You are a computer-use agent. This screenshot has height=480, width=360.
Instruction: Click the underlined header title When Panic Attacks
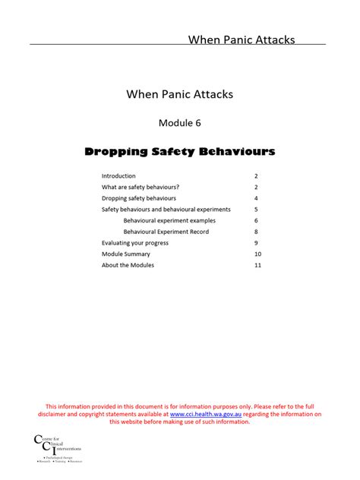coord(242,39)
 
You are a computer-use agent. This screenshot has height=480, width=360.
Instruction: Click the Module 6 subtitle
coord(180,122)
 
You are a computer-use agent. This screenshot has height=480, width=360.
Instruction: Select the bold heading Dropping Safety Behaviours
coord(180,152)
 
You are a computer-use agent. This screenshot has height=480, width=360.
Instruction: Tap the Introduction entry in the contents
coord(118,175)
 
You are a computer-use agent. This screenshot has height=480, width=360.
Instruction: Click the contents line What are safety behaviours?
coord(141,187)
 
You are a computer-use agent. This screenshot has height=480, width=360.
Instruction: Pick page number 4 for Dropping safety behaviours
coord(257,198)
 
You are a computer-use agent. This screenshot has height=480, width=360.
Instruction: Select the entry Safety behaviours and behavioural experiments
coord(166,210)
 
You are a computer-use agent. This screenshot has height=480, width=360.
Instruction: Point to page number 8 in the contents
coord(257,232)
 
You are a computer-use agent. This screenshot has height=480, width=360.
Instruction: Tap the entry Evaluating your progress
coord(135,243)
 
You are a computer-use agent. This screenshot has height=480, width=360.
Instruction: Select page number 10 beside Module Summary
coord(258,254)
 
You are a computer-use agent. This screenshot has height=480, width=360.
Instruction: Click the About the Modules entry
coord(128,265)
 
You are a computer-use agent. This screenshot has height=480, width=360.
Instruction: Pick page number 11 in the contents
coord(258,265)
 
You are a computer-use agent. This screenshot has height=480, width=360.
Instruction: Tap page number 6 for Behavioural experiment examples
coord(257,220)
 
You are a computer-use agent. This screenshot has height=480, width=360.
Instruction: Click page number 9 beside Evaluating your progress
coord(257,243)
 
